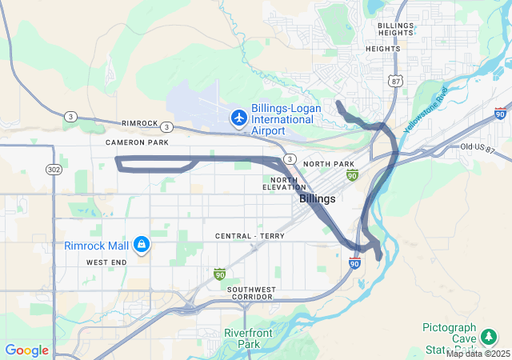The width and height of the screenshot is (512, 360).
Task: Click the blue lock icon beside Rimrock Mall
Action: pos(141,243)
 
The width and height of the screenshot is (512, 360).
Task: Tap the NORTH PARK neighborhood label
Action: pos(328,164)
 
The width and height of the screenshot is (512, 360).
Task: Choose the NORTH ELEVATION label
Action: pos(284,183)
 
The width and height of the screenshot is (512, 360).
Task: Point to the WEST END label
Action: pos(107,262)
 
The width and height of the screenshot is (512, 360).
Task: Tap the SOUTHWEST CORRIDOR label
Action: pos(250,293)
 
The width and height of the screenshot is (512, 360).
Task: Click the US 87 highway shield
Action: pos(395,81)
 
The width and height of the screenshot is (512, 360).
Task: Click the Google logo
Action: pos(26,350)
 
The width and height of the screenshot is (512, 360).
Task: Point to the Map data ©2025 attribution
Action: pos(478,354)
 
